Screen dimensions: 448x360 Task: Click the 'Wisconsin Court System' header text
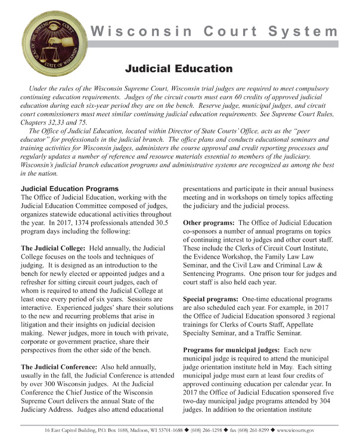click(213, 31)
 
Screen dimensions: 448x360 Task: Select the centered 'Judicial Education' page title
click(179, 69)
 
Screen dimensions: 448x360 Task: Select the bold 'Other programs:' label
click(210, 222)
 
